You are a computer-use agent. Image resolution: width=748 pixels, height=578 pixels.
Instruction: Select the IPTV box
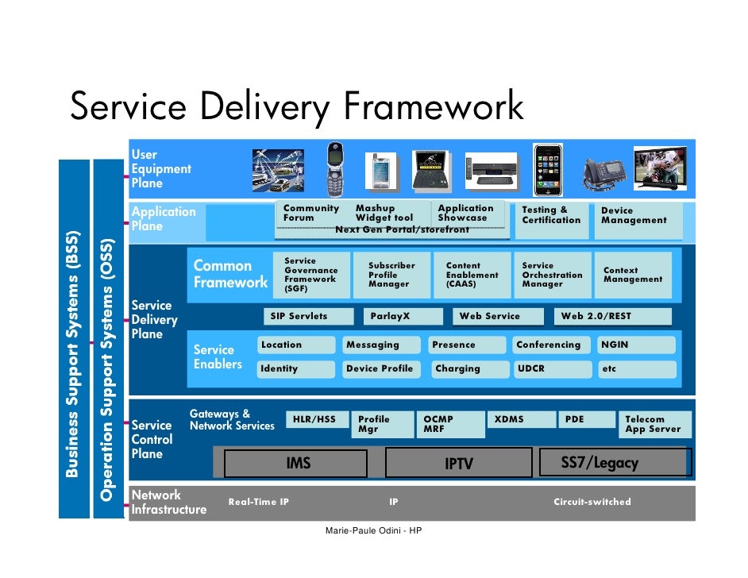coord(458,463)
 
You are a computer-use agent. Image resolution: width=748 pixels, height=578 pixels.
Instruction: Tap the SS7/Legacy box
coord(615,462)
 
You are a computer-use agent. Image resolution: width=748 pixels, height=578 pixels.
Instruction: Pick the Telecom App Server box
coord(655,424)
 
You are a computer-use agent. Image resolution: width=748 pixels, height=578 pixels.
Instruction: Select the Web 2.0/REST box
coord(612,316)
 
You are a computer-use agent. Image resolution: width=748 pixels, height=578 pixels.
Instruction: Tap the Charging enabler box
coord(467,369)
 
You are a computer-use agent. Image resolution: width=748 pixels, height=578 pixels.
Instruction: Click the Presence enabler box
coord(467,345)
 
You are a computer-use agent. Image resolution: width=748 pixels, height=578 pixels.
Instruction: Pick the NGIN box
coord(636,345)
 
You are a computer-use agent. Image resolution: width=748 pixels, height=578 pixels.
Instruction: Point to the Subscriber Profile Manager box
coord(394,275)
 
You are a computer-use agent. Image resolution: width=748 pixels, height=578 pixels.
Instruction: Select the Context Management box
coord(636,275)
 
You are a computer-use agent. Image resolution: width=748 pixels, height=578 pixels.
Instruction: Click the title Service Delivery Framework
coord(297,107)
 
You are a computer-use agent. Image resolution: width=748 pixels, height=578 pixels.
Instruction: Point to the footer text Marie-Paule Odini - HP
coord(373,530)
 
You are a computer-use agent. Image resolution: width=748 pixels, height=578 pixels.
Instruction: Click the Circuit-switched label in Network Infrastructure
coord(592,502)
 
